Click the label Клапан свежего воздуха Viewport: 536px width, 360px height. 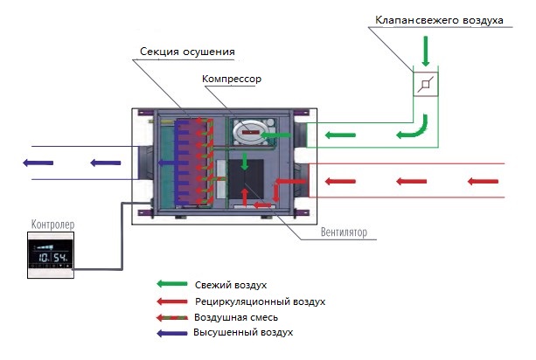pos(439,20)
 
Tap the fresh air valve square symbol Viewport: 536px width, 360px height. pos(426,84)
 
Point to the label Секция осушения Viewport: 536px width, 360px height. pos(187,52)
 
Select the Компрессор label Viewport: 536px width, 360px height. pos(232,79)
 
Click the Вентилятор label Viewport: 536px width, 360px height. pos(344,232)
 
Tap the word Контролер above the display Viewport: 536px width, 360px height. pos(52,225)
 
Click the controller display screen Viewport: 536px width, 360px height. pos(51,254)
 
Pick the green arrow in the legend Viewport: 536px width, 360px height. pos(172,283)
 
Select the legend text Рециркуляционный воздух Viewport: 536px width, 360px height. pos(261,301)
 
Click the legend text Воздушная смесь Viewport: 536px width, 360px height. pos(236,317)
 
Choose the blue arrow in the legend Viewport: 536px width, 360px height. pos(172,333)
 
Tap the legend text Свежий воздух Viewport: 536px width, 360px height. pos(231,285)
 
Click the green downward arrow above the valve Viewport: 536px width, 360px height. pos(426,52)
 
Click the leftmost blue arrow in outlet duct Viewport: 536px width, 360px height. pos(38,163)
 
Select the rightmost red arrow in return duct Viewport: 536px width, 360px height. pos(483,182)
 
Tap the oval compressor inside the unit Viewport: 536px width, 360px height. pos(250,132)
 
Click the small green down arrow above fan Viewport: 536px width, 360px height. pos(245,162)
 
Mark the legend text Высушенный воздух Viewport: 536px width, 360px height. pos(243,332)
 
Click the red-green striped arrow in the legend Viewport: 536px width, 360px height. pos(172,318)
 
